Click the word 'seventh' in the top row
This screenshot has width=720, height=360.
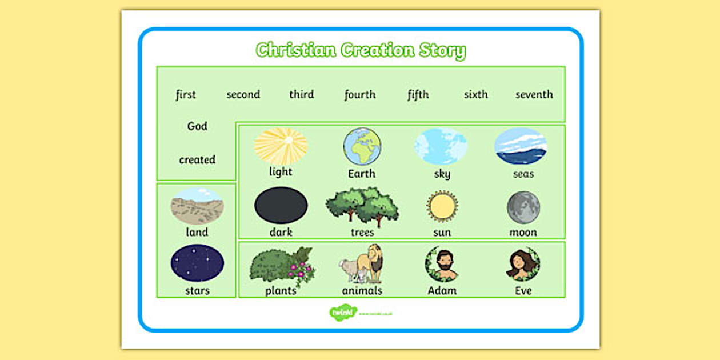[x=534, y=94]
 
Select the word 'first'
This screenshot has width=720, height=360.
[x=186, y=94]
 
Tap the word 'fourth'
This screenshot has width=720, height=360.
[x=360, y=94]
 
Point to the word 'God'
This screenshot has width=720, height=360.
[x=197, y=126]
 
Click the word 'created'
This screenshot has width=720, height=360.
[x=197, y=159]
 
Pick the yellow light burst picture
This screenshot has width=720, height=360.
[x=281, y=146]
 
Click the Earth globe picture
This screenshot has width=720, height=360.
[x=362, y=146]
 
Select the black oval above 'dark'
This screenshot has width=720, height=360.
[x=281, y=206]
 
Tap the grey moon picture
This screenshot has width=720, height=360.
[x=523, y=207]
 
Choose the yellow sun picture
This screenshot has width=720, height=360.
[x=442, y=207]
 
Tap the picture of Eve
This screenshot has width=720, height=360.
[x=523, y=264]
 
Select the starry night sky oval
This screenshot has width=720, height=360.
[x=197, y=263]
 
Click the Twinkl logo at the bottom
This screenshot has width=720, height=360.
[x=343, y=313]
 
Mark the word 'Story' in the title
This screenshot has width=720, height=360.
[x=441, y=50]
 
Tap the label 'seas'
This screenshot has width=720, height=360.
[x=523, y=173]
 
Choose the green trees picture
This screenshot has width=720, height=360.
[x=362, y=206]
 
